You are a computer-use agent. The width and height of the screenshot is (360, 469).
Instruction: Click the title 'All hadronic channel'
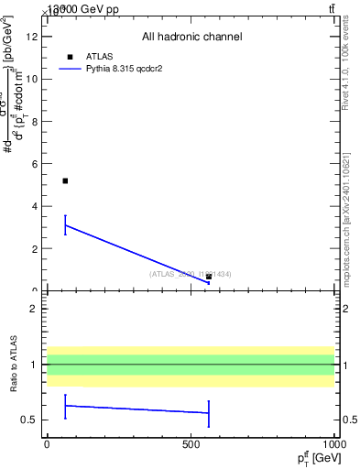pyautogui.click(x=191, y=38)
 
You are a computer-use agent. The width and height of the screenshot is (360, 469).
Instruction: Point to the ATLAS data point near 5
pyautogui.click(x=65, y=180)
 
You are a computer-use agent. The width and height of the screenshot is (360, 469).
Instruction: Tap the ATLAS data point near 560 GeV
pyautogui.click(x=209, y=277)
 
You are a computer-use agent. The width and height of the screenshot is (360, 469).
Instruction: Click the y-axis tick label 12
pyautogui.click(x=35, y=37)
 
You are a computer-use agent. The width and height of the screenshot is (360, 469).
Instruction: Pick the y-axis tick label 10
pyautogui.click(x=35, y=79)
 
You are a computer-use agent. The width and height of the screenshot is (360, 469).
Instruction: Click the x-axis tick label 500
pyautogui.click(x=191, y=444)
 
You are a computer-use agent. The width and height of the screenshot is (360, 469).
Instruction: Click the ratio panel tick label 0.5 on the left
pyautogui.click(x=33, y=420)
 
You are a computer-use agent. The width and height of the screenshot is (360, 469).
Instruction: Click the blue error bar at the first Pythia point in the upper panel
pyautogui.click(x=65, y=224)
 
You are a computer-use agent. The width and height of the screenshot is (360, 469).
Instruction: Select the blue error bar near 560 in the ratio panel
pyautogui.click(x=209, y=413)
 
